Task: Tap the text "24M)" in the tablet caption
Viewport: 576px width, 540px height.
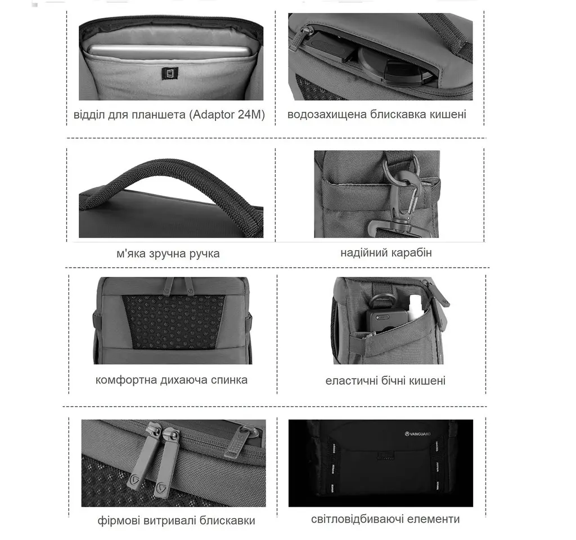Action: coord(251,115)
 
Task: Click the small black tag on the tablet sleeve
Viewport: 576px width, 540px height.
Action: coord(169,73)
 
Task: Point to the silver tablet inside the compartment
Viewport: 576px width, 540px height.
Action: coord(169,51)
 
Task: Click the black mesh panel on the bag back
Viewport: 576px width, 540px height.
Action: coord(173,321)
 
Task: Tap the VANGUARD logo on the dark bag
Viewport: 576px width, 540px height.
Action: coord(418,434)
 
